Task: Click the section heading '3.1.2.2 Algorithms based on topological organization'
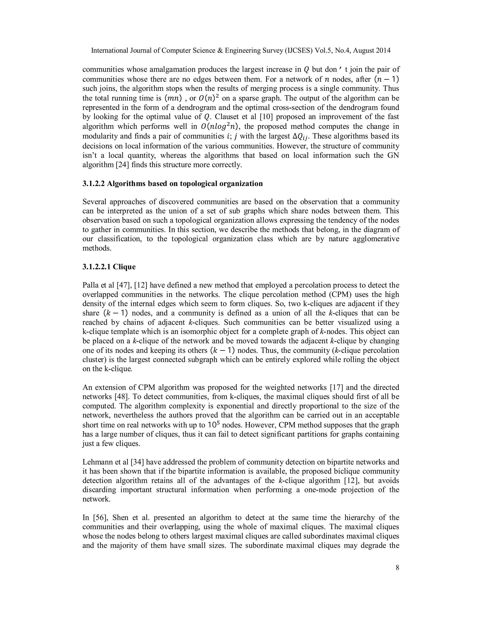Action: (x=172, y=184)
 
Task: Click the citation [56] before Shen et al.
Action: (x=99, y=518)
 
